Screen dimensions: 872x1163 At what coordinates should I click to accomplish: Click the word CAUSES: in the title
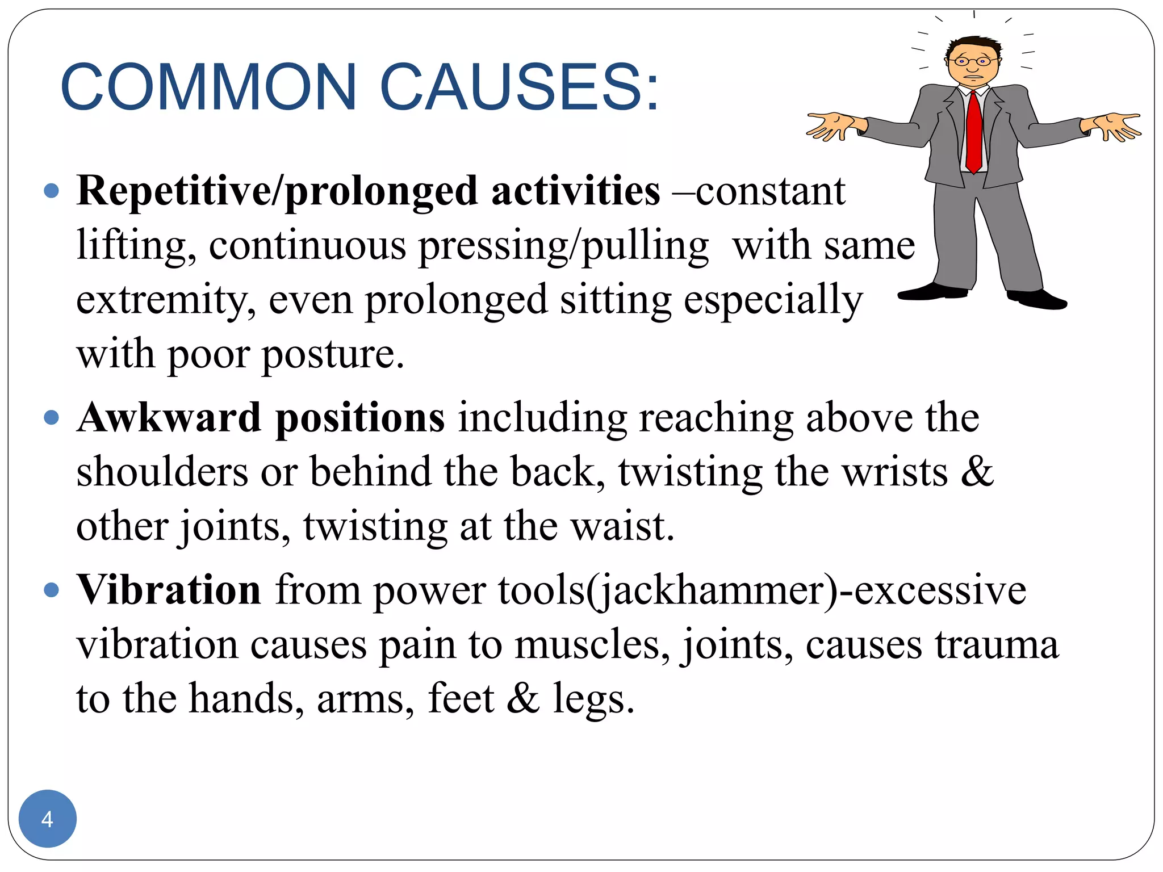pos(519,87)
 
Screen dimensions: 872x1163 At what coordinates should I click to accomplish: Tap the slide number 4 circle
pos(47,819)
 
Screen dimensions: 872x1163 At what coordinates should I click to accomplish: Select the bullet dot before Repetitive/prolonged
pos(51,190)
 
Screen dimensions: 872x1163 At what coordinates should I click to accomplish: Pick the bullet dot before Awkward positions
pos(51,418)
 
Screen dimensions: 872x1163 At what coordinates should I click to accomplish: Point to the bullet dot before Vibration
pos(51,590)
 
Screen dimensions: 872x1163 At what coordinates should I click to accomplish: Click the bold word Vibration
pos(169,590)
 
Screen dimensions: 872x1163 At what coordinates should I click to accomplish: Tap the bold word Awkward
pos(169,418)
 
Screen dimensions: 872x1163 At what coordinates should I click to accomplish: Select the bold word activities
pos(575,191)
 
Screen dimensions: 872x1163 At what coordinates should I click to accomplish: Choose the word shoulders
pos(162,472)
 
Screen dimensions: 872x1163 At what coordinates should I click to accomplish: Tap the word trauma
pos(997,645)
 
